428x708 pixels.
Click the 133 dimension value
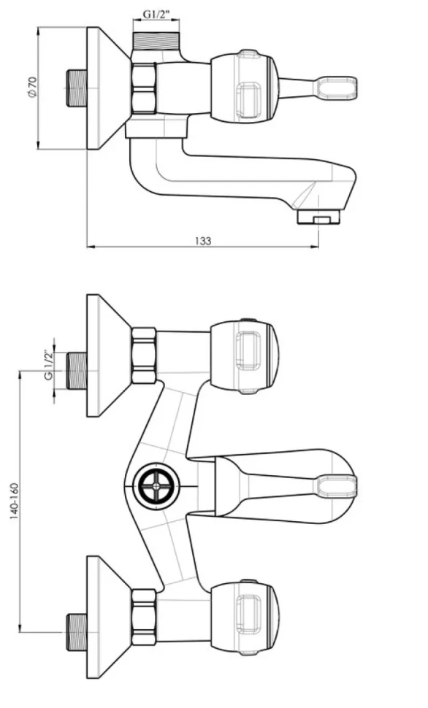coord(203,241)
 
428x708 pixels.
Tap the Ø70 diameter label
coord(33,86)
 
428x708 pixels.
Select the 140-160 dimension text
coord(15,501)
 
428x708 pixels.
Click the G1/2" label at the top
coord(156,14)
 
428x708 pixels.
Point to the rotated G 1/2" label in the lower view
coord(48,365)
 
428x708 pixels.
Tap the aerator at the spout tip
coord(318,218)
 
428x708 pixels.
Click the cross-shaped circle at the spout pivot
coord(156,486)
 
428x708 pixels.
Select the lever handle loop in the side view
coord(337,88)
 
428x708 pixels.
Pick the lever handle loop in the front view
coord(337,488)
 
